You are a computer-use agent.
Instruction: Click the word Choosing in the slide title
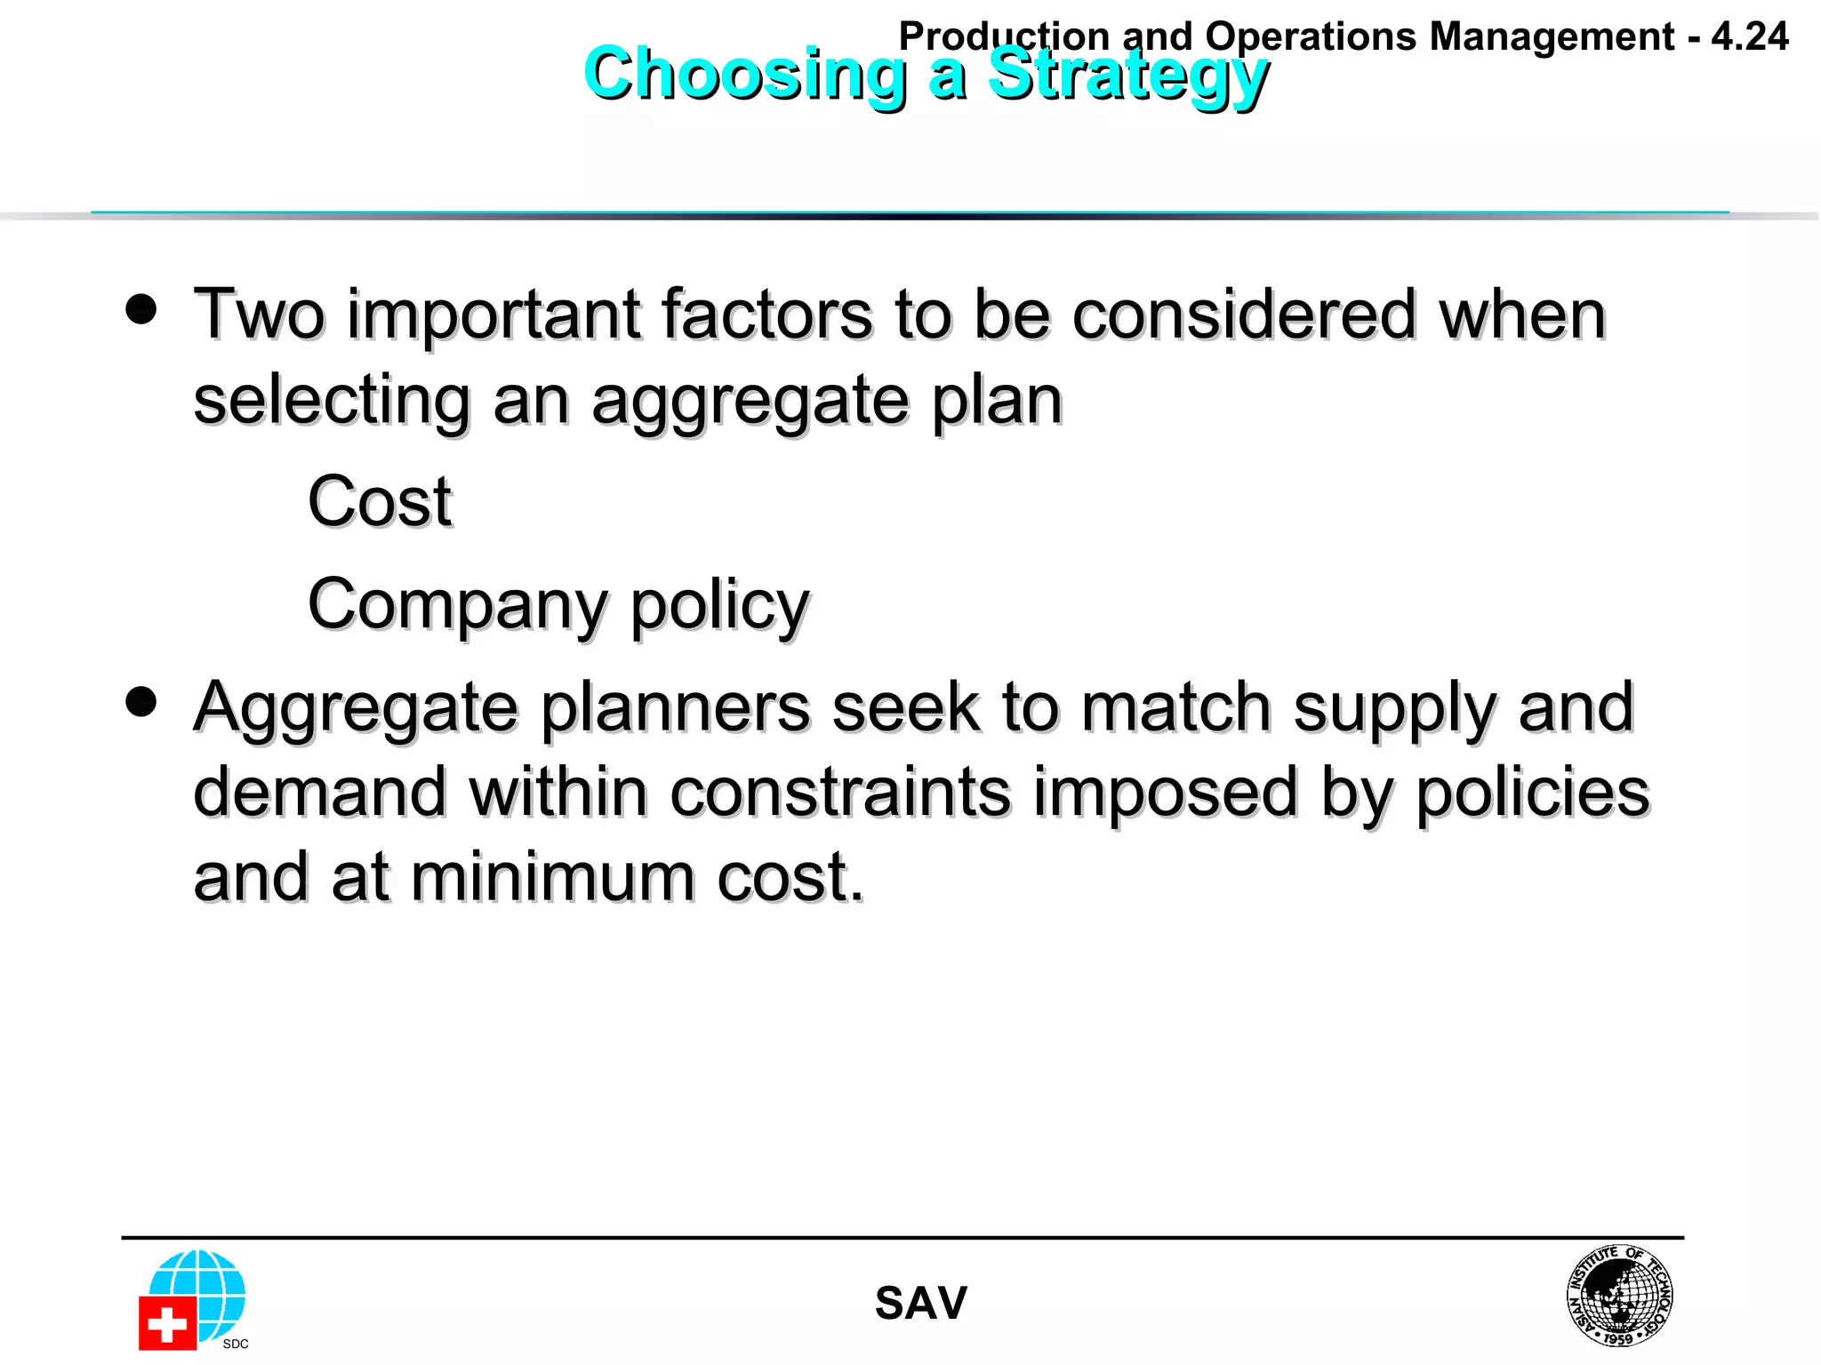[x=745, y=75]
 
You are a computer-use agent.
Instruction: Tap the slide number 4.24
[x=1749, y=37]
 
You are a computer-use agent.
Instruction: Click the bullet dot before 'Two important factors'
[x=141, y=310]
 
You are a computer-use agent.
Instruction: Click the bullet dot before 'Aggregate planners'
[x=141, y=702]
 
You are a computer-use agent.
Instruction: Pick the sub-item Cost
[x=380, y=502]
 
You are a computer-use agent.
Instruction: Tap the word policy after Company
[x=720, y=606]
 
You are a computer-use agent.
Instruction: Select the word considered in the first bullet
[x=1244, y=315]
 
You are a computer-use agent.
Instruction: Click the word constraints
[x=839, y=792]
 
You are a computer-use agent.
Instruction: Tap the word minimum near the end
[x=552, y=877]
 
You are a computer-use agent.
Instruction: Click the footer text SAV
[x=920, y=1304]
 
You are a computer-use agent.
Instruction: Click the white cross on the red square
[x=166, y=1325]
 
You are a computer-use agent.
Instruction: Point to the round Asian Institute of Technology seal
[x=1619, y=1294]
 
